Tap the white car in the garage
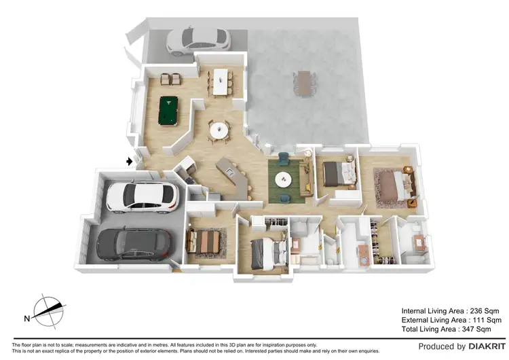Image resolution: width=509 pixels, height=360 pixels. (x=142, y=196)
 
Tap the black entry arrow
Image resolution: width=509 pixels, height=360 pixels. (x=130, y=161)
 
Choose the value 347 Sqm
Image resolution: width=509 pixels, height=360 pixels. (x=476, y=329)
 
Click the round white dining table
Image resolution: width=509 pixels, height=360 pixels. (x=219, y=128)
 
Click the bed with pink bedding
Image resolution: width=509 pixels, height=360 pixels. (x=392, y=185)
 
